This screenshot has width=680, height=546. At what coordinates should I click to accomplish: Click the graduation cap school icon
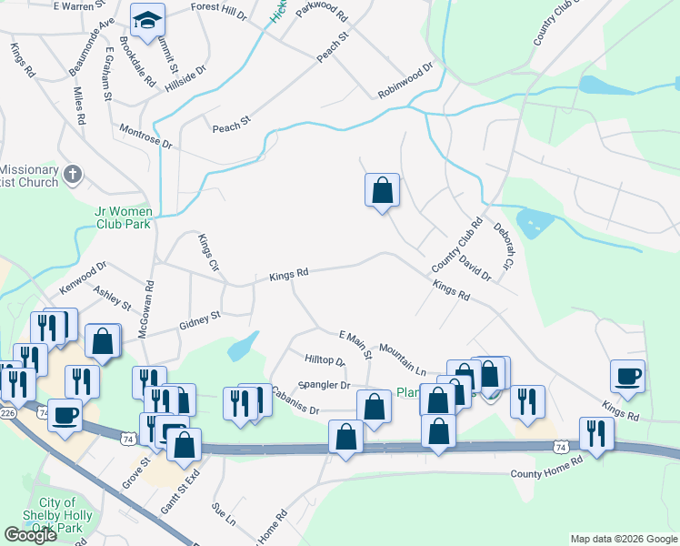click(x=145, y=19)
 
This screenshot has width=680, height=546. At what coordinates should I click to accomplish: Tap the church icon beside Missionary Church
click(x=74, y=173)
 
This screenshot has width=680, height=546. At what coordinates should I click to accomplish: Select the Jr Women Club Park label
click(x=135, y=217)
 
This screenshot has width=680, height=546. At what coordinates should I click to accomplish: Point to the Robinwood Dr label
click(x=405, y=81)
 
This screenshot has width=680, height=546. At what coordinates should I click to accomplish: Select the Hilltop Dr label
click(x=325, y=361)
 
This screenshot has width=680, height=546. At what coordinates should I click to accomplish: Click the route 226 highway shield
click(x=8, y=413)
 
